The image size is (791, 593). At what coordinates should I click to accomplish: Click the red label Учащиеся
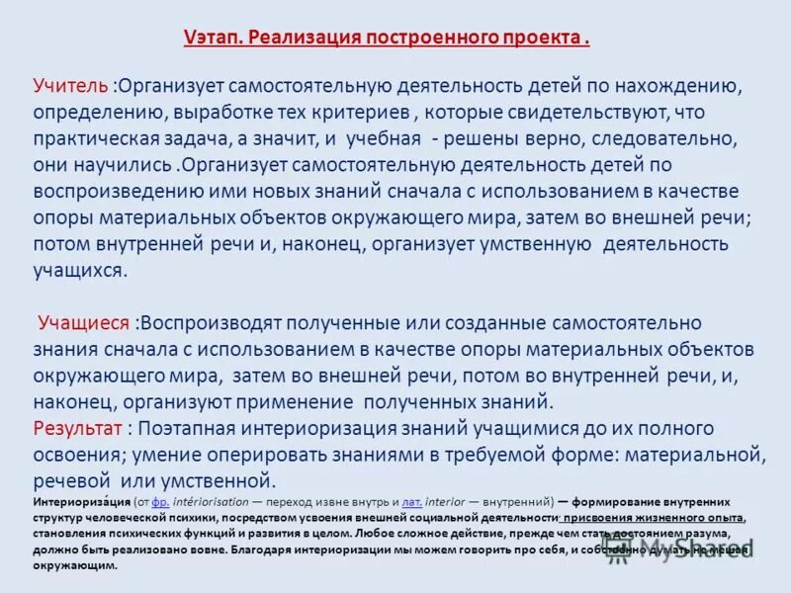click(84, 323)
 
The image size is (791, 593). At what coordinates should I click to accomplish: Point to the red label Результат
click(78, 428)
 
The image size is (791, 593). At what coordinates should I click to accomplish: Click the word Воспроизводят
click(221, 323)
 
